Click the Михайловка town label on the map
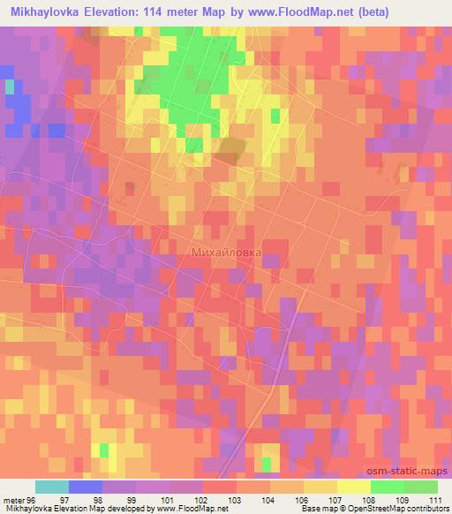click(x=226, y=252)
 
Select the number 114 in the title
click(x=167, y=10)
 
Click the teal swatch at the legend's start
click(x=52, y=487)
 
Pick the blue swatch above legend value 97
click(x=86, y=487)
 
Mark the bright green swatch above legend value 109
click(x=388, y=487)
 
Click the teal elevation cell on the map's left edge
click(x=10, y=87)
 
